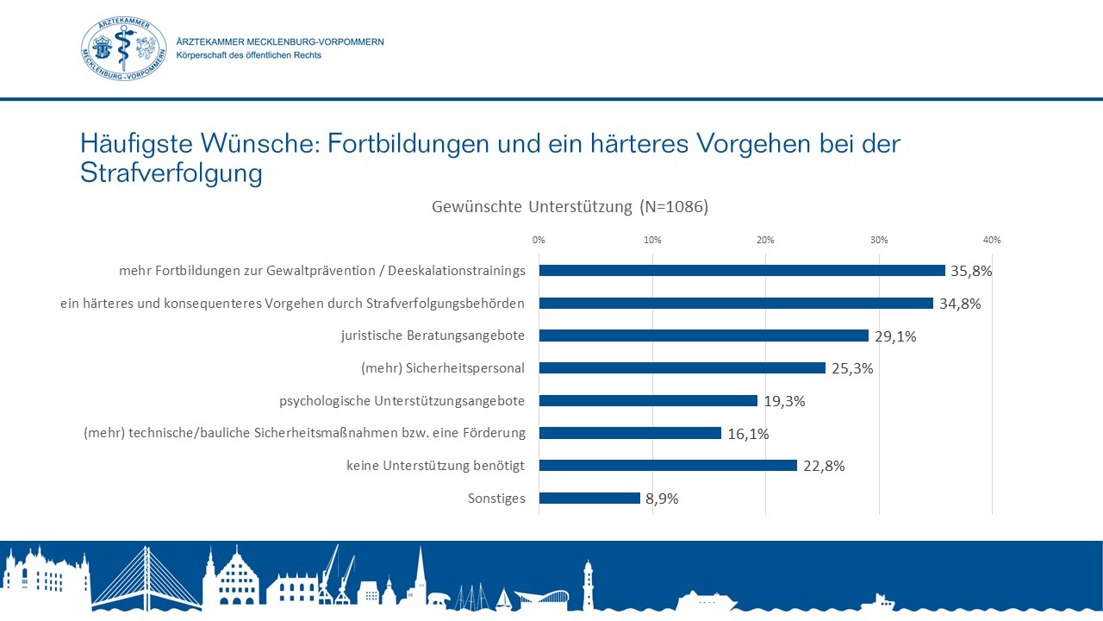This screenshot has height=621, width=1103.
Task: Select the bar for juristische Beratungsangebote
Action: [x=703, y=336]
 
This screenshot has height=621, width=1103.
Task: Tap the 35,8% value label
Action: [x=971, y=271]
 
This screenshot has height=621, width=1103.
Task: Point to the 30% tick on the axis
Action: [x=878, y=240]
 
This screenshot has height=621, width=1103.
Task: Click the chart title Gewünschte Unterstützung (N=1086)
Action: [x=569, y=207]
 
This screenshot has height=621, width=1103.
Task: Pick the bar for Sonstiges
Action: [x=589, y=499]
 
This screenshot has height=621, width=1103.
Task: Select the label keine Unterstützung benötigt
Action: [x=436, y=466]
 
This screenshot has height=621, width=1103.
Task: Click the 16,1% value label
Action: [x=748, y=434]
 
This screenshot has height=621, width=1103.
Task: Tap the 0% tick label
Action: [x=539, y=240]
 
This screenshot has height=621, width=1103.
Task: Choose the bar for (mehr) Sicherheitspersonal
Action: [x=682, y=368]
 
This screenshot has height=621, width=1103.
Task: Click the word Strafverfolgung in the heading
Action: [x=171, y=173]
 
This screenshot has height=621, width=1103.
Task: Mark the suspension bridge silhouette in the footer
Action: [x=146, y=582]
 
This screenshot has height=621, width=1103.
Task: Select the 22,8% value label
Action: [x=824, y=467]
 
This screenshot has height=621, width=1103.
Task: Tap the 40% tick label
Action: [x=992, y=240]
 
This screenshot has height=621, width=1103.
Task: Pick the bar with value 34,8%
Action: [x=736, y=304]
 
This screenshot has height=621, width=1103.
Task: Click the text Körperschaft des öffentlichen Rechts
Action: [x=248, y=55]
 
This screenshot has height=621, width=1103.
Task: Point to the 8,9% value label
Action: [x=662, y=499]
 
